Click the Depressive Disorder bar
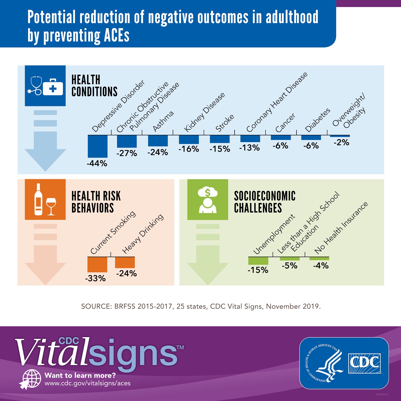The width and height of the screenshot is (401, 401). coord(97,146)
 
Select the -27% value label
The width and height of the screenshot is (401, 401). coord(127,153)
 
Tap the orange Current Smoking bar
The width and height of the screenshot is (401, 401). coord(97,264)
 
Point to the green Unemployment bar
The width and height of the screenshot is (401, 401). coord(258,261)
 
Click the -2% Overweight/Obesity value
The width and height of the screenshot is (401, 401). coord(341,143)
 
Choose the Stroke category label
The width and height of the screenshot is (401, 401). coord(225,123)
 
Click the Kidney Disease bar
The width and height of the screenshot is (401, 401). coord(189,139)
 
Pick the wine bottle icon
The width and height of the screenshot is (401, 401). coord(38,199)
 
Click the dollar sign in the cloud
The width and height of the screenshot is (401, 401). coord(208,192)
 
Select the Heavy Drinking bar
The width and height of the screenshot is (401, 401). coord(125,262)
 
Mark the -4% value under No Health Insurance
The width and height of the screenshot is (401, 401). coord(321,266)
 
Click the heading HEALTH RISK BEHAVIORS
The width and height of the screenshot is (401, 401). coord(96,202)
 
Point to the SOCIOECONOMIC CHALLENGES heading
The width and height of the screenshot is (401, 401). coord(265,202)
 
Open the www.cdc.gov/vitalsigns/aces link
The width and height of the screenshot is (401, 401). coord(87,383)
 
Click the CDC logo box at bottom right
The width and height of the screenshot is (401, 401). coord(364,363)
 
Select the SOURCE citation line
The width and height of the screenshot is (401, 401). coord(201,306)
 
